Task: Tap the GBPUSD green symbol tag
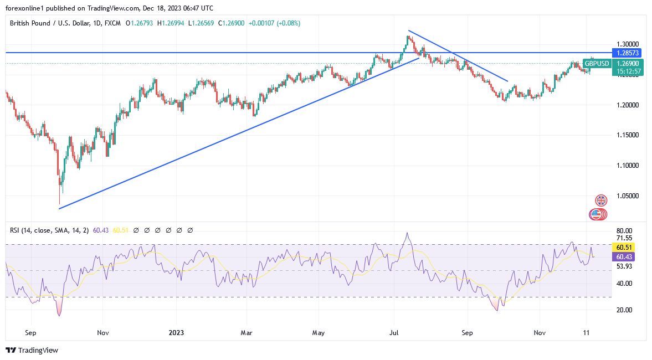point(596,64)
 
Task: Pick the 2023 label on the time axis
point(176,333)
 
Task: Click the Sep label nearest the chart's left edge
point(30,333)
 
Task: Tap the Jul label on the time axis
point(394,333)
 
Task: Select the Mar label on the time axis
point(247,333)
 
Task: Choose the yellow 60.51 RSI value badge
point(624,247)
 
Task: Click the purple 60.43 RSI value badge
point(624,257)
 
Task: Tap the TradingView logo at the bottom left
point(32,350)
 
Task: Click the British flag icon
point(601,200)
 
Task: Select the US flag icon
point(597,214)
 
